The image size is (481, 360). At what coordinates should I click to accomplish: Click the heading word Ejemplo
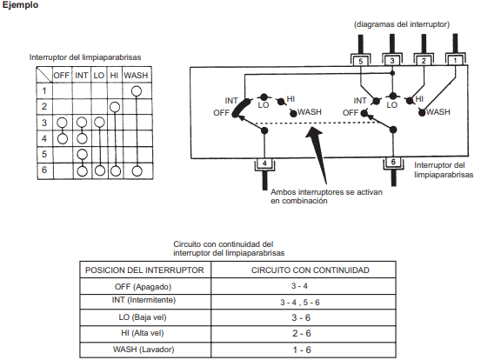[x=20, y=5]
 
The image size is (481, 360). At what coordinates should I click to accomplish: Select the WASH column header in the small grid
[x=136, y=76]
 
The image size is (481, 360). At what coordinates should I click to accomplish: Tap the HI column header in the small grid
[x=114, y=76]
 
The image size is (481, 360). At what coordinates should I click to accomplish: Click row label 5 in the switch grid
[x=44, y=154]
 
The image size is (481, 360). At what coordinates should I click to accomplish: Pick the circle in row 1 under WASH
[x=137, y=91]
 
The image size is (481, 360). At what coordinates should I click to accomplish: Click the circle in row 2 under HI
[x=115, y=107]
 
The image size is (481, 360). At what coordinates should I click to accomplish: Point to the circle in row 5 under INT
[x=82, y=154]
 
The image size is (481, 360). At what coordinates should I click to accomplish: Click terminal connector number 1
[x=455, y=60]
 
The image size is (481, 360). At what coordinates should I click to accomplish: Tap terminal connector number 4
[x=264, y=163]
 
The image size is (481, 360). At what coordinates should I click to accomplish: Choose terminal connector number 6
[x=393, y=163]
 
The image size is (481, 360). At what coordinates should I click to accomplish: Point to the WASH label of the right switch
[x=438, y=112]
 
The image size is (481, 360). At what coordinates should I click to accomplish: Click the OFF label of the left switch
[x=222, y=113]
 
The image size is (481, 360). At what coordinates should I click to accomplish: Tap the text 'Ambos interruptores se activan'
[x=326, y=192]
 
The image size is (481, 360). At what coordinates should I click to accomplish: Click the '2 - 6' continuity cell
[x=302, y=333]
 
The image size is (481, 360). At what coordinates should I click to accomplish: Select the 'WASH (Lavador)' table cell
[x=144, y=350]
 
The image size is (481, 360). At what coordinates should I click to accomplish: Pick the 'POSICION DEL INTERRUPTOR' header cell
[x=144, y=270]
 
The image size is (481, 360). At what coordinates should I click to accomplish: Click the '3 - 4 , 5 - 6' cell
[x=300, y=303]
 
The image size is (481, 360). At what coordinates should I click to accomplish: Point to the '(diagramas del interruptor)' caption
[x=402, y=24]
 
